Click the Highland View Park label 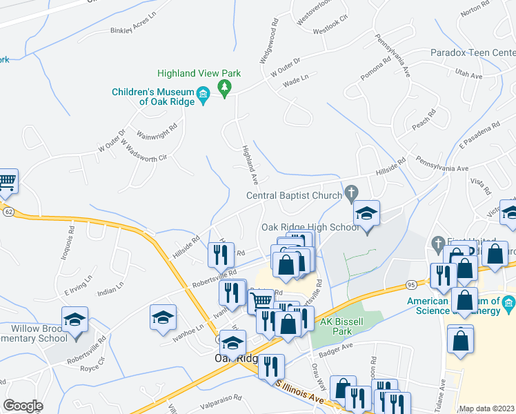pyautogui.click(x=198, y=72)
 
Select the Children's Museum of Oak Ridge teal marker pyautogui.click(x=203, y=94)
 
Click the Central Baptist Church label pyautogui.click(x=294, y=195)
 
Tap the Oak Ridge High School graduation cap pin pyautogui.click(x=366, y=215)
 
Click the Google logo pyautogui.click(x=23, y=406)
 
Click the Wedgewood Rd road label pyautogui.click(x=268, y=41)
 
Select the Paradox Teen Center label pyautogui.click(x=473, y=52)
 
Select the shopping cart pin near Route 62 pyautogui.click(x=6, y=181)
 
